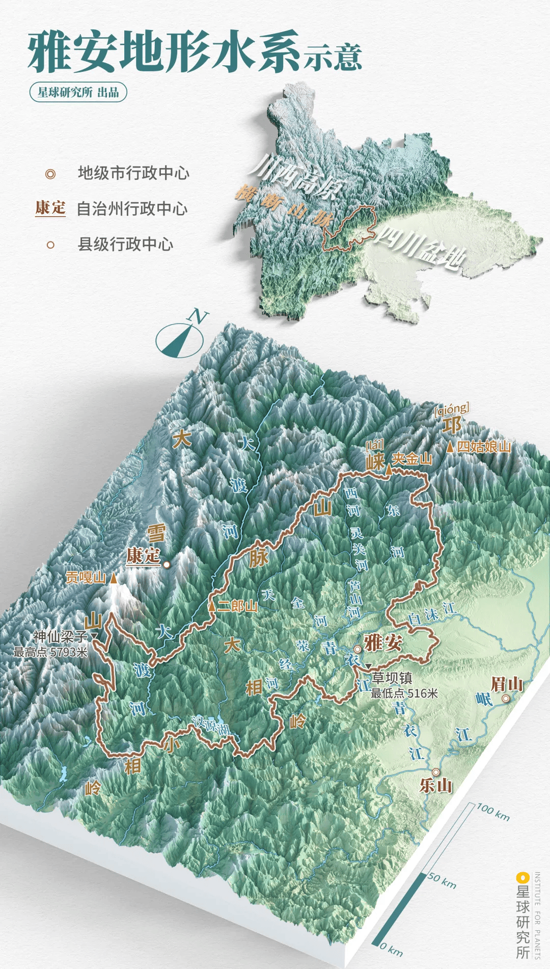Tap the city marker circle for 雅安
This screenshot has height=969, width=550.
pyautogui.click(x=358, y=649)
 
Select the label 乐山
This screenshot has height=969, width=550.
pyautogui.click(x=436, y=785)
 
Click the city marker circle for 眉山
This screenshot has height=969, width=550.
pyautogui.click(x=505, y=698)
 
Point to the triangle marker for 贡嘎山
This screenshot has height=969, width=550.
pyautogui.click(x=114, y=578)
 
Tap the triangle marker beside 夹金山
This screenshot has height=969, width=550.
pyautogui.click(x=389, y=470)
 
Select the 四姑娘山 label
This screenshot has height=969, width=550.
pyautogui.click(x=484, y=447)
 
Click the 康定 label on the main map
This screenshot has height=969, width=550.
pyautogui.click(x=144, y=555)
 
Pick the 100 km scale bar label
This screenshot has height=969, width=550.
pyautogui.click(x=493, y=812)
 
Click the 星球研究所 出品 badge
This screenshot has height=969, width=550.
pyautogui.click(x=78, y=92)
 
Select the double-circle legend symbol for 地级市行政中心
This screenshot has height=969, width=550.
pyautogui.click(x=50, y=174)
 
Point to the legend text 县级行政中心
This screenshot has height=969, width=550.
pyautogui.click(x=125, y=244)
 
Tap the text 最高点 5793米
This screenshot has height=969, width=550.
pyautogui.click(x=50, y=652)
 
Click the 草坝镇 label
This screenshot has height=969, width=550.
pyautogui.click(x=392, y=678)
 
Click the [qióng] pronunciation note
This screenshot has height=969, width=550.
pyautogui.click(x=451, y=409)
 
